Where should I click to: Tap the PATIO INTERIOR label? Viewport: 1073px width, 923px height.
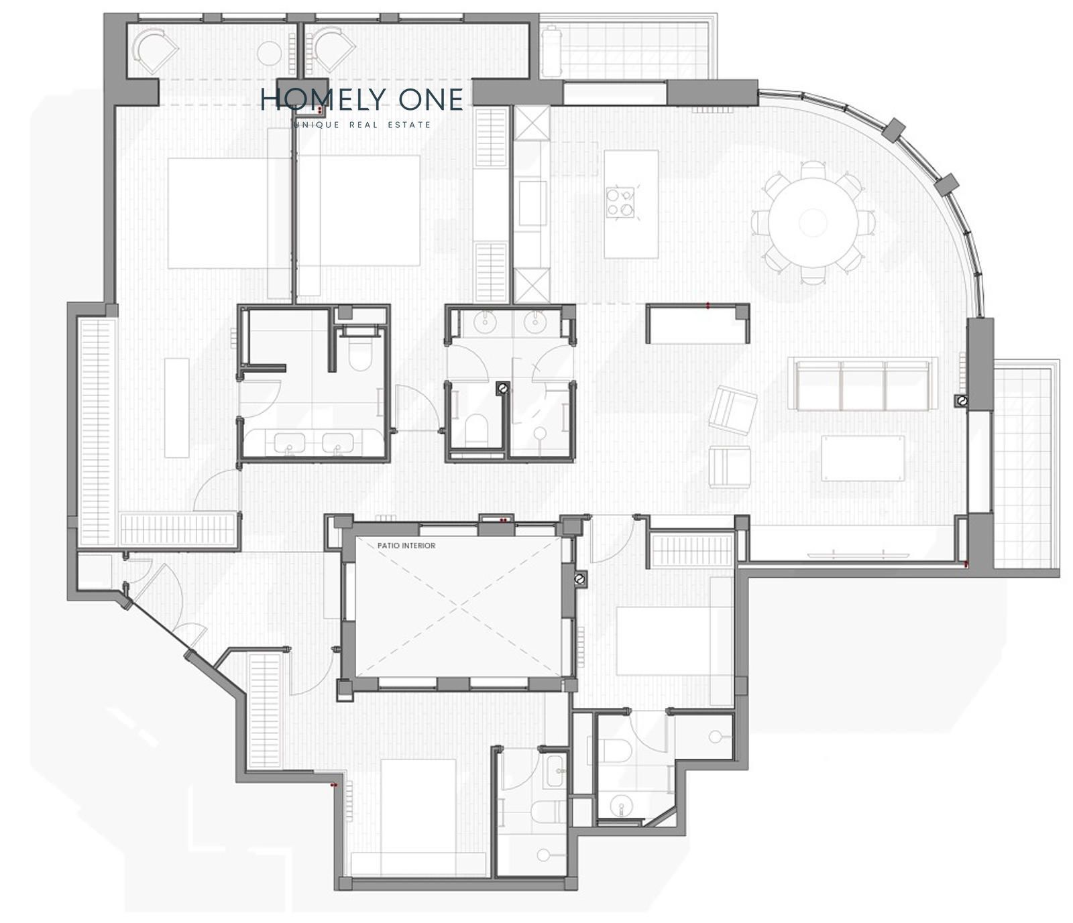click(x=406, y=546)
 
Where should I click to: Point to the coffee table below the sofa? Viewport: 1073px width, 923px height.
click(x=863, y=458)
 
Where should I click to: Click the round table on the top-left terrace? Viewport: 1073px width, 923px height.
click(x=270, y=53)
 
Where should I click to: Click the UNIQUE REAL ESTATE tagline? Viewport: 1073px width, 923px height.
click(x=363, y=125)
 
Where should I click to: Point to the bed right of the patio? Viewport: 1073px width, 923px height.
click(x=674, y=641)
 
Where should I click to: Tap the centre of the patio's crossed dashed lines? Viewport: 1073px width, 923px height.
click(x=458, y=607)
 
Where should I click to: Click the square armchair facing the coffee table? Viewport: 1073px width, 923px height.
click(x=730, y=467)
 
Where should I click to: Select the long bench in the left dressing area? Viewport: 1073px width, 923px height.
click(x=177, y=408)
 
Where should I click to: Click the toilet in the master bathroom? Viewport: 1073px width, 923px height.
click(x=360, y=353)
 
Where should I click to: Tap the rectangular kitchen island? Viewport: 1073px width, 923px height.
click(x=630, y=204)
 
